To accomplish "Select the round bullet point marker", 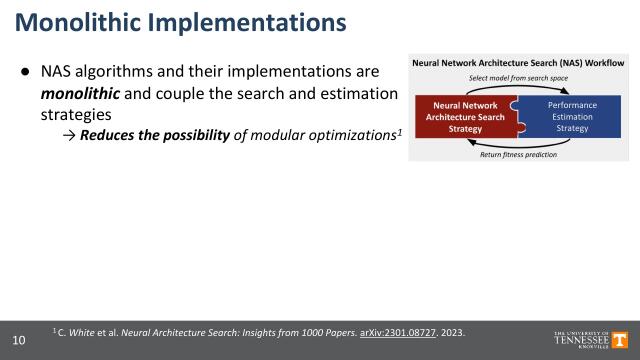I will click(24, 73).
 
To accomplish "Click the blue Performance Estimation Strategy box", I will click(572, 117).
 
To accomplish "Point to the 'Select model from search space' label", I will click(518, 77).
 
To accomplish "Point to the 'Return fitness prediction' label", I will click(518, 155).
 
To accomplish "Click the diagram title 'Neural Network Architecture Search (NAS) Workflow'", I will click(518, 62).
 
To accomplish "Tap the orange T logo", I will click(620, 337).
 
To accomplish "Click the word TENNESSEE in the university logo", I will click(581, 337).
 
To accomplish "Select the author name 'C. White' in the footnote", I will click(74, 331).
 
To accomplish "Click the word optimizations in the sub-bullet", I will click(354, 136).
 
